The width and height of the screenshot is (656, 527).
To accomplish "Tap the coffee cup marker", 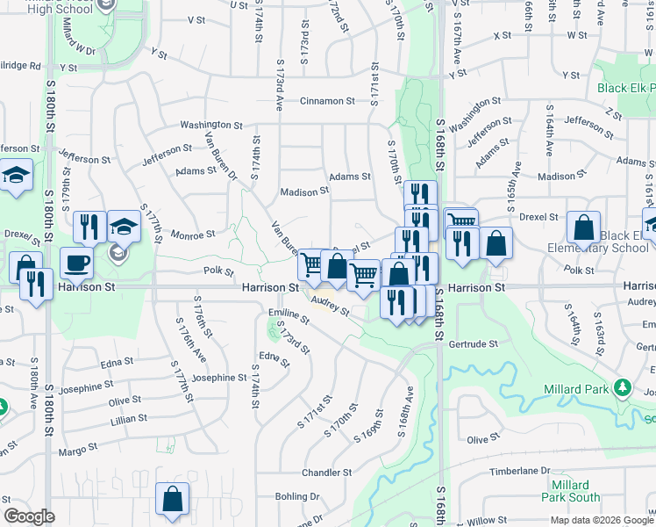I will coord(77,263).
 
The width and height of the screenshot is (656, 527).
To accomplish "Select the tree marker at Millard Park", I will coord(623,387).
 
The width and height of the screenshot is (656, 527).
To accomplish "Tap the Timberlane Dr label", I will coord(519,471).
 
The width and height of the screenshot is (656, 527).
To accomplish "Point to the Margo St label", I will coord(78,451).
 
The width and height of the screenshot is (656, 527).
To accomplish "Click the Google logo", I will coord(29,516).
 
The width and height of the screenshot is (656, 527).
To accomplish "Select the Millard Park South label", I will coord(571,491).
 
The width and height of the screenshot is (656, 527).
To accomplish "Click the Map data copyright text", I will coord(601,520).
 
